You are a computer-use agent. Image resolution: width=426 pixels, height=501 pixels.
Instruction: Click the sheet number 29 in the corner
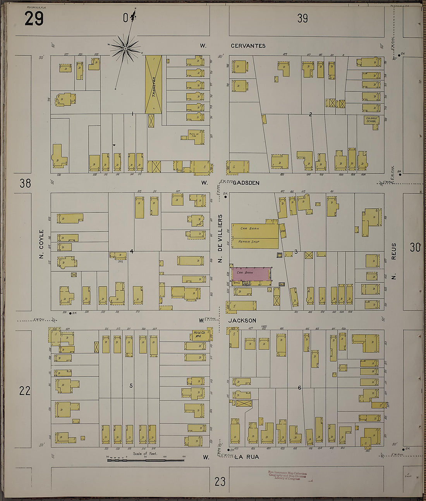34,18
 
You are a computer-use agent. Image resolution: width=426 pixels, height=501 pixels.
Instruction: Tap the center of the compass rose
126,48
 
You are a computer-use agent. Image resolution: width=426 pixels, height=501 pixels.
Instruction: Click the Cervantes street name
248,46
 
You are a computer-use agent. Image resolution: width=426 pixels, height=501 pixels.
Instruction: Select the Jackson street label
242,321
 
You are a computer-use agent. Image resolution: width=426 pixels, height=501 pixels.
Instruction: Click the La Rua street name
247,457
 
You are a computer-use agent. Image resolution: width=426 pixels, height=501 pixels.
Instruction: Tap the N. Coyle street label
41,244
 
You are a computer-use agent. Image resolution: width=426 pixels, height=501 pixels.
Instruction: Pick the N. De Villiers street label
220,238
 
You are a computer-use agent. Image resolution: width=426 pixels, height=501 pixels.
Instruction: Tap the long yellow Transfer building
153,85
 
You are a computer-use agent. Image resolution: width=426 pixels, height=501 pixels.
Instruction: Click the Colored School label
371,120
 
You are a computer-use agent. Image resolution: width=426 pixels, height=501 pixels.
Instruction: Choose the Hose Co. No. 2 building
200,334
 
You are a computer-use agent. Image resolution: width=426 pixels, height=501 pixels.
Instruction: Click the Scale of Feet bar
145,460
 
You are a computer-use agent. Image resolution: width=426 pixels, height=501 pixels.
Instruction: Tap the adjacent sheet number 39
302,18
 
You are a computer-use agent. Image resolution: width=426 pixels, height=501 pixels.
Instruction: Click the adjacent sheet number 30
415,247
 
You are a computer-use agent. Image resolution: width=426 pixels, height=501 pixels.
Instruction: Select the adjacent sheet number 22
25,390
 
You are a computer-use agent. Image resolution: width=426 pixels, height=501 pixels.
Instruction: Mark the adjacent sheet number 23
220,482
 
